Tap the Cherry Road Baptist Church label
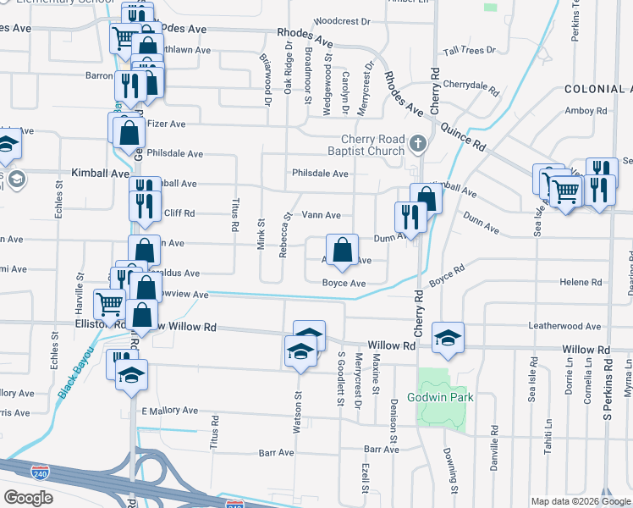(373, 146)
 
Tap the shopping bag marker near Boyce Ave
(341, 252)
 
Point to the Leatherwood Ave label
(564, 326)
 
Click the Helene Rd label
(579, 282)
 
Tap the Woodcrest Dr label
(342, 21)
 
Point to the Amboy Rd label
(586, 111)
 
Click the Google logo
(28, 498)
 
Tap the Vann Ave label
(322, 216)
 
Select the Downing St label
(454, 469)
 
